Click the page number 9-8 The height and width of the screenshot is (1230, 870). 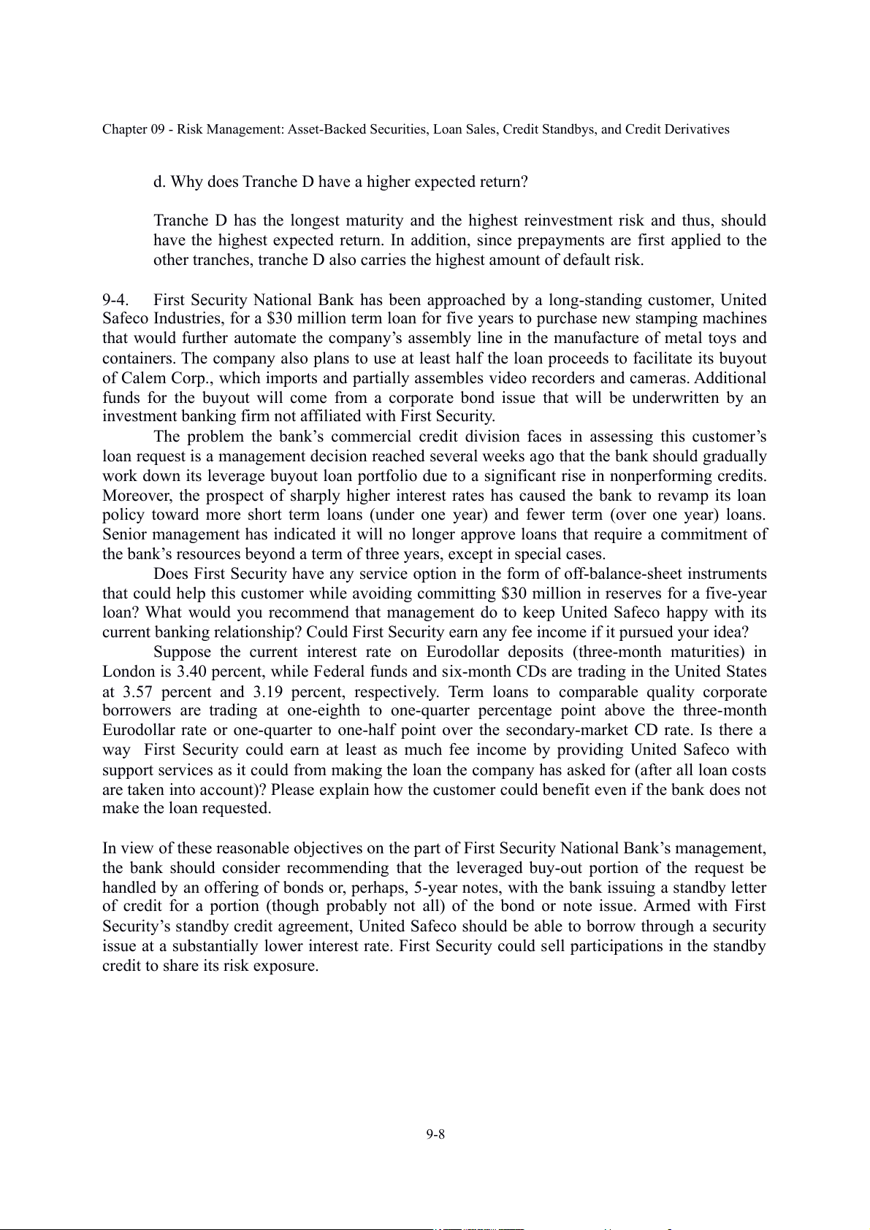click(436, 1134)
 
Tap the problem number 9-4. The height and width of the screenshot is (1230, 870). click(116, 300)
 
